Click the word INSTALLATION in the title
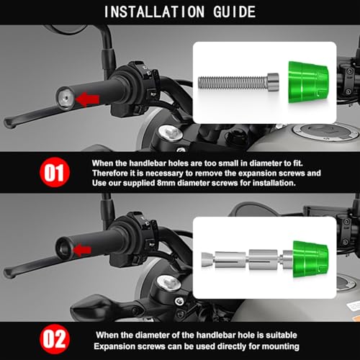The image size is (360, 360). [x=154, y=12]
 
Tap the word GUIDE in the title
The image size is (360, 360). [x=235, y=12]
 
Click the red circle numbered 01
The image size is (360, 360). [x=55, y=172]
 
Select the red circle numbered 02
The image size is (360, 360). [x=55, y=339]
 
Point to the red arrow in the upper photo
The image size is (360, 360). [x=87, y=99]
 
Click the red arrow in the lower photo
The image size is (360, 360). [x=82, y=251]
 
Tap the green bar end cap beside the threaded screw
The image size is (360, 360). [x=308, y=83]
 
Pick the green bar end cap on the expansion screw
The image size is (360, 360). [x=310, y=259]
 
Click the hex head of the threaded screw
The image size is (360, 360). [x=273, y=82]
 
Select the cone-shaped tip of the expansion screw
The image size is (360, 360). [x=207, y=260]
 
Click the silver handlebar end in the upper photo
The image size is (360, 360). [x=66, y=99]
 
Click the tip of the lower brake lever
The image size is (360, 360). [x=9, y=273]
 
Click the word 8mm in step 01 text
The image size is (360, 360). [x=166, y=183]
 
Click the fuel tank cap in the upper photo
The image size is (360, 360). [x=326, y=132]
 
